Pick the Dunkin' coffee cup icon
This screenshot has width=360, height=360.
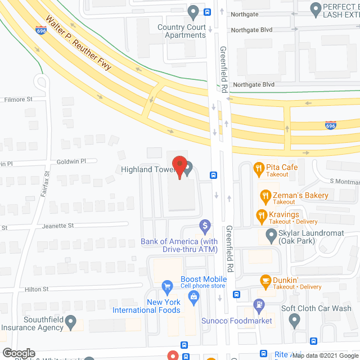(265, 280)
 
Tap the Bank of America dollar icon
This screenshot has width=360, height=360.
(205, 227)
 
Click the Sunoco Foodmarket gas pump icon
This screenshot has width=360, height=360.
(258, 306)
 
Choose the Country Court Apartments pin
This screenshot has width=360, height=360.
(193, 11)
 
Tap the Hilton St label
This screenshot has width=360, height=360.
(37, 289)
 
